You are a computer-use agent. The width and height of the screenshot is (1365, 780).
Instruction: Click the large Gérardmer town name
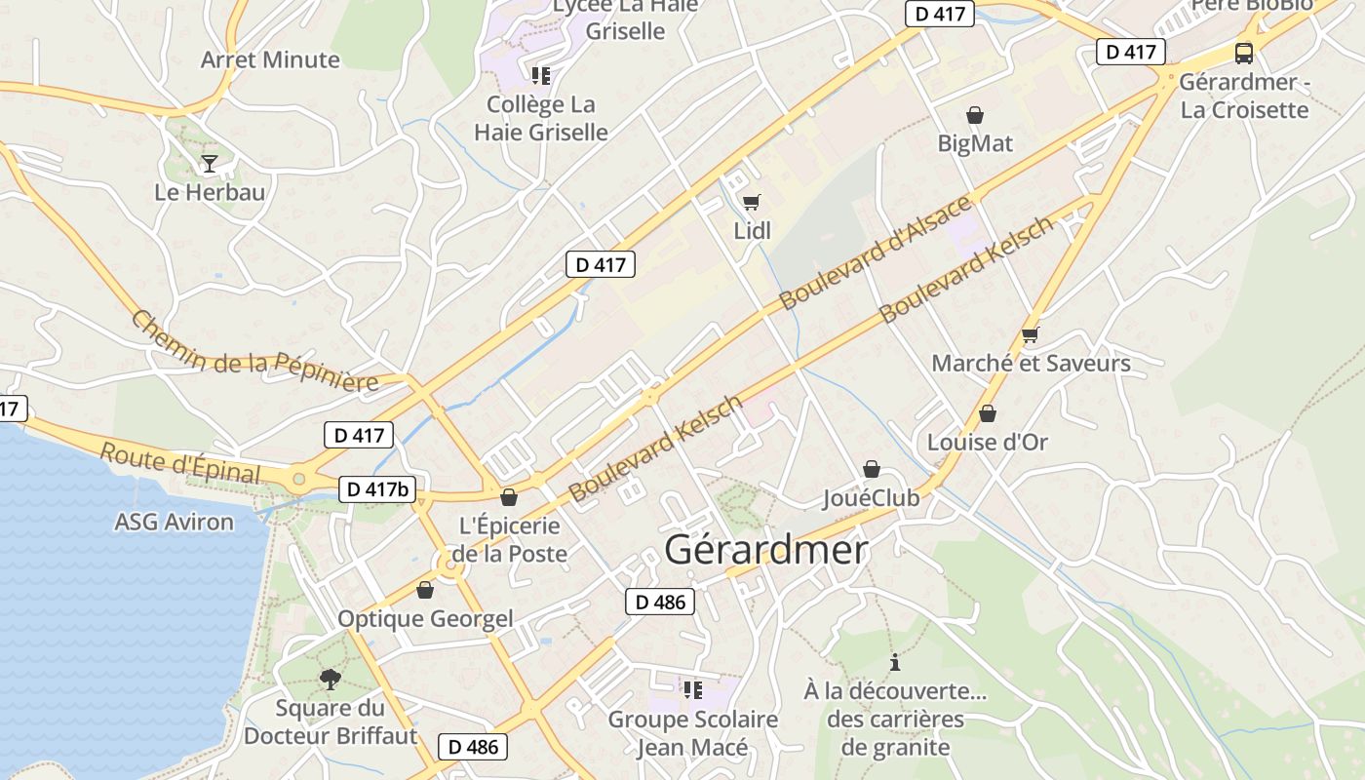tap(765, 551)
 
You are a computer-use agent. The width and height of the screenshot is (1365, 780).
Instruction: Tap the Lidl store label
tap(752, 231)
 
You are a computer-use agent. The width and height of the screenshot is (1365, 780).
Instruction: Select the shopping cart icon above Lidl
tap(751, 203)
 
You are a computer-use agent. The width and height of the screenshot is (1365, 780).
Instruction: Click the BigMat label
tap(975, 144)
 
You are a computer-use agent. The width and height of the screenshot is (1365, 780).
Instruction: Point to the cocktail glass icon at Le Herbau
tap(210, 163)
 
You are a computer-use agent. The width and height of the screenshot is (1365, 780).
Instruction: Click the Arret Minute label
tap(270, 60)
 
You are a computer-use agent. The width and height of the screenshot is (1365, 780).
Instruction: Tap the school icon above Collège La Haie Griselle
tap(541, 75)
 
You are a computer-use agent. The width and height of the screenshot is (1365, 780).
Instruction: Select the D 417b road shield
tap(374, 488)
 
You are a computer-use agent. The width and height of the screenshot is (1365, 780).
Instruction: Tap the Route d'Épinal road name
tap(180, 462)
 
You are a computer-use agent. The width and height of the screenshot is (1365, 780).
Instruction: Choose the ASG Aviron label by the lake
tap(175, 523)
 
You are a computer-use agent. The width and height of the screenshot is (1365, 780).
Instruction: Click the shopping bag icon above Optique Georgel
tap(425, 590)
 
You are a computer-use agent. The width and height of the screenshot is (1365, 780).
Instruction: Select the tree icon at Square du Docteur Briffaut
tap(331, 679)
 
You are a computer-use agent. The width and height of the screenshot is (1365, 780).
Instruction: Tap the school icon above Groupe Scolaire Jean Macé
tap(693, 690)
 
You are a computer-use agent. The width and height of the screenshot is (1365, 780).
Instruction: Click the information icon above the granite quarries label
tap(895, 663)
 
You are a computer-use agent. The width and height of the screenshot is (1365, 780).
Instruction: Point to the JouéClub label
tap(871, 498)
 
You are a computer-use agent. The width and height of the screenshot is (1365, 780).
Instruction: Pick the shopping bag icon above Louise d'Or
tap(988, 413)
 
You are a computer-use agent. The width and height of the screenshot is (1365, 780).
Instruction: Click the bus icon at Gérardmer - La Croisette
tap(1244, 53)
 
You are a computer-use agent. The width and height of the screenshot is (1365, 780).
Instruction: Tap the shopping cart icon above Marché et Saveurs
tap(1031, 334)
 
